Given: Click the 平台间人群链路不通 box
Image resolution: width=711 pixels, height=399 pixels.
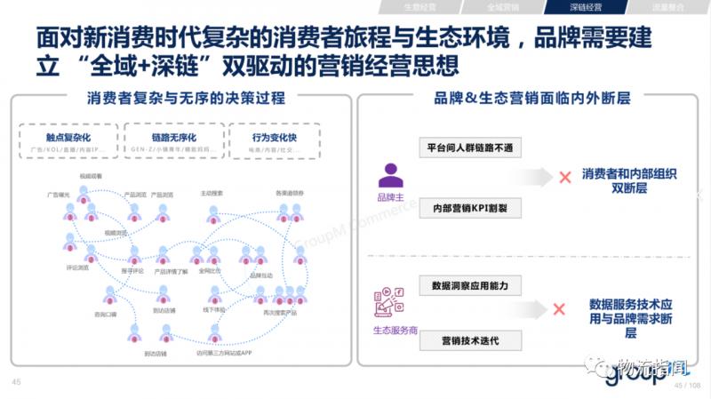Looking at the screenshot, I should tap(471, 148).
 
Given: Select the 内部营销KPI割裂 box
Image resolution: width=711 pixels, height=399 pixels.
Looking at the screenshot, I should tap(471, 207).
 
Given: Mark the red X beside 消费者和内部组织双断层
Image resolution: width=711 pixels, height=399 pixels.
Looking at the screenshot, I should tap(563, 178).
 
